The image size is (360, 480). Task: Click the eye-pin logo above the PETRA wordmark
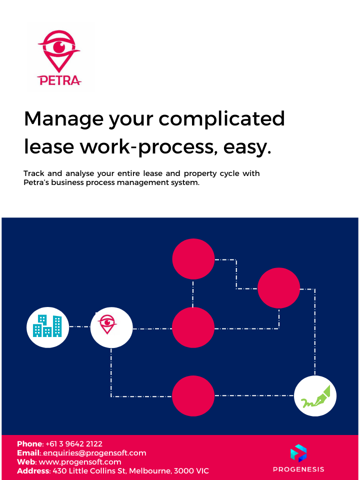(59, 51)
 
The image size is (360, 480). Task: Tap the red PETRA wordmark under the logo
(59, 80)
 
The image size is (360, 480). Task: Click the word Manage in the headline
(63, 119)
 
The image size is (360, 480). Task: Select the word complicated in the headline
(221, 119)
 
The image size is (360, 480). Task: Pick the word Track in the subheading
(34, 173)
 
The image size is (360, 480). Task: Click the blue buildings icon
(47, 326)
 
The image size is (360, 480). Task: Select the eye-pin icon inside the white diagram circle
(107, 324)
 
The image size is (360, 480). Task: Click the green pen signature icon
(315, 396)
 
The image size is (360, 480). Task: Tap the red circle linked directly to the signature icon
(193, 396)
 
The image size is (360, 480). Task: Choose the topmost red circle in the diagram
(193, 259)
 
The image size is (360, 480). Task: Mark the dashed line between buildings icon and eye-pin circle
(79, 326)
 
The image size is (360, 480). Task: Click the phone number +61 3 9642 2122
(74, 444)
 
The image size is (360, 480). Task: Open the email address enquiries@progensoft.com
(94, 453)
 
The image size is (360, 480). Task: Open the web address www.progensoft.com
(80, 462)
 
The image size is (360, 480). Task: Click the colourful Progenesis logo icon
(298, 453)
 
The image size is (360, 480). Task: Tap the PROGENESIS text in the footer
(298, 469)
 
